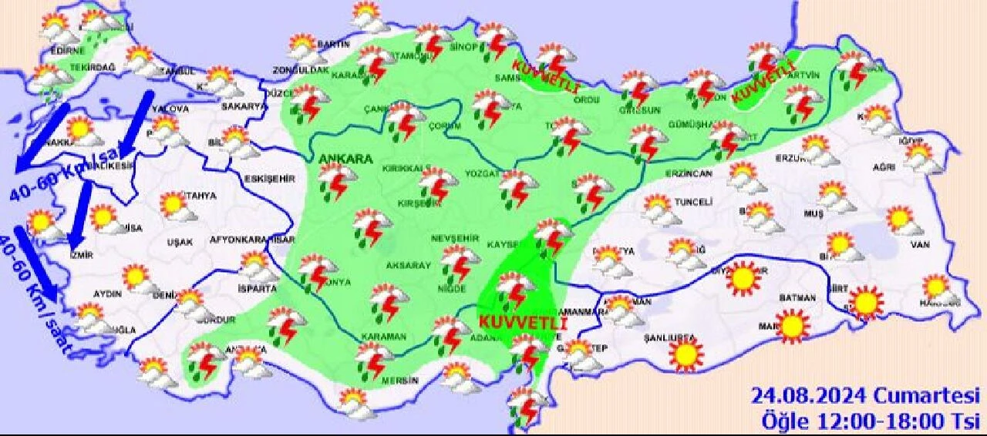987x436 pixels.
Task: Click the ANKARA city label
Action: (345, 159)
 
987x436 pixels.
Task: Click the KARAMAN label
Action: (384, 337)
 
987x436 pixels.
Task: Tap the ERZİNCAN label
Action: (688, 173)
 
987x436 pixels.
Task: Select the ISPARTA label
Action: (257, 289)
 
